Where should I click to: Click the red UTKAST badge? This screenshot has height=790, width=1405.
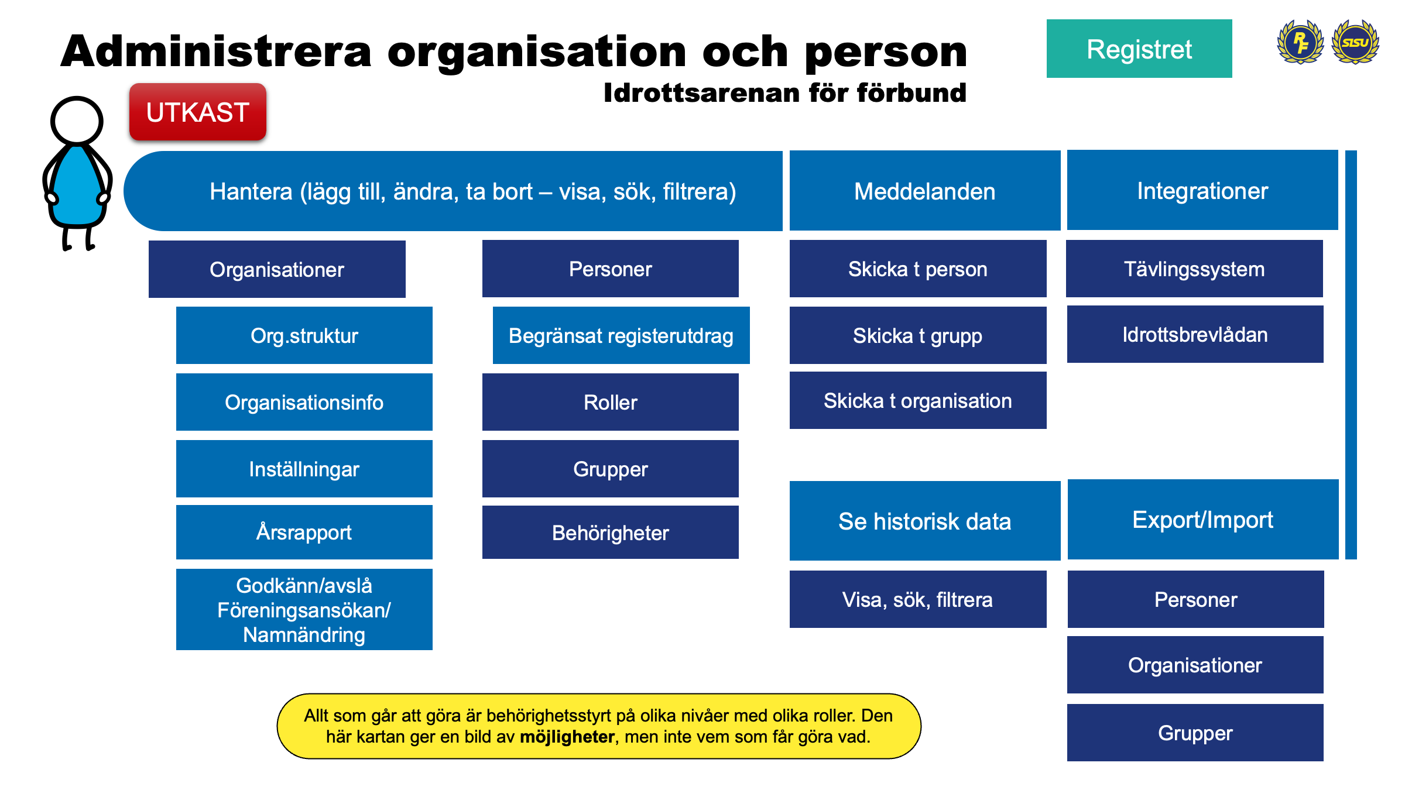pyautogui.click(x=198, y=112)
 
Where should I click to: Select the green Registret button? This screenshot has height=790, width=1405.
pyautogui.click(x=1139, y=49)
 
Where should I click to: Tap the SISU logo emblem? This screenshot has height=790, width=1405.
pyautogui.click(x=1355, y=42)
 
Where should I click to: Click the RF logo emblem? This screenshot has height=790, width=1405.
pyautogui.click(x=1300, y=42)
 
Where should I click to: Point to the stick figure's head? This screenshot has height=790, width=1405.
pyautogui.click(x=77, y=121)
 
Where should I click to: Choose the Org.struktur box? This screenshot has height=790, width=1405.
pyautogui.click(x=304, y=335)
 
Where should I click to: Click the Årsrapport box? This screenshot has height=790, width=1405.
pyautogui.click(x=304, y=532)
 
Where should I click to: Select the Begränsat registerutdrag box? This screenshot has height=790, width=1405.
pyautogui.click(x=621, y=335)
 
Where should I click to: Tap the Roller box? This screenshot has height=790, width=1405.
pyautogui.click(x=610, y=402)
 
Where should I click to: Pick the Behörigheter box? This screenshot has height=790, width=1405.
pyautogui.click(x=610, y=533)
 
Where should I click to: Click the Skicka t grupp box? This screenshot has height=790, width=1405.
pyautogui.click(x=917, y=335)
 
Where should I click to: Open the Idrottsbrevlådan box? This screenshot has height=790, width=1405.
pyautogui.click(x=1195, y=334)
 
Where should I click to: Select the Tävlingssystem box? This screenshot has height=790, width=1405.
pyautogui.click(x=1194, y=269)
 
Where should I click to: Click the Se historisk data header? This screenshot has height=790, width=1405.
pyautogui.click(x=924, y=521)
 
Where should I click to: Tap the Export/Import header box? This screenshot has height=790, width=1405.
pyautogui.click(x=1202, y=520)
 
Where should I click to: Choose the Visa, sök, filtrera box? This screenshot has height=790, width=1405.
pyautogui.click(x=917, y=599)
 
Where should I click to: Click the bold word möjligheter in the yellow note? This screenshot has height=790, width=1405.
pyautogui.click(x=567, y=736)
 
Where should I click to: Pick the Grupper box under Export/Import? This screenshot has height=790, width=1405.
pyautogui.click(x=1195, y=733)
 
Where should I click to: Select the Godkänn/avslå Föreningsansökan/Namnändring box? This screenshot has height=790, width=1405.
pyautogui.click(x=304, y=610)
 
